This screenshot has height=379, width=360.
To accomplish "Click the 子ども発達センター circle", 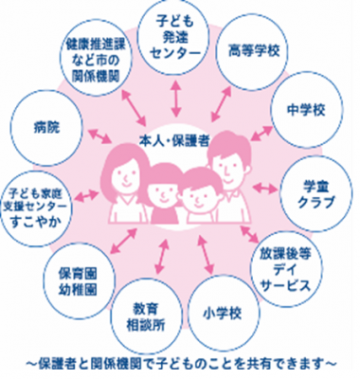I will pos(175,37).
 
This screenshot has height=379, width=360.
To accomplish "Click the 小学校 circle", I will pos(220,309).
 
